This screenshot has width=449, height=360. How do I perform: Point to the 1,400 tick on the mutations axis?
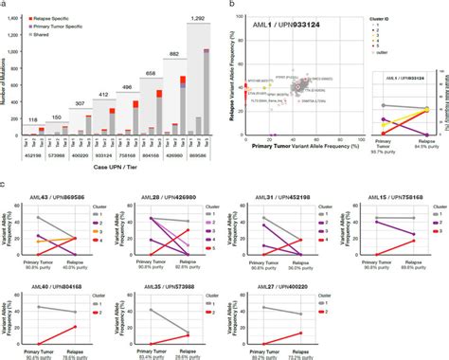coord(19,18)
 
